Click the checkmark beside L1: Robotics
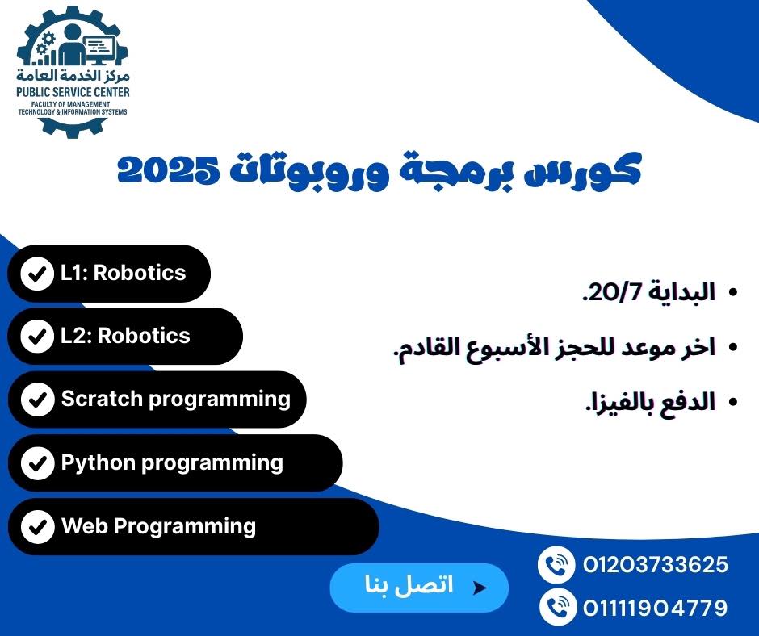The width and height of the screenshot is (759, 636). pos(37,274)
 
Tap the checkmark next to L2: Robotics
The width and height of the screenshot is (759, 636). pos(37,337)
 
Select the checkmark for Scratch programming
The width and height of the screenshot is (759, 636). pos(37,400)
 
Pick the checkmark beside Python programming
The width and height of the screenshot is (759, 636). pos(37,463)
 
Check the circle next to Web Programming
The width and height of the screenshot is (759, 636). pos(37,526)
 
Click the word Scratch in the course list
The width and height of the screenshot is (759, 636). pos(102,399)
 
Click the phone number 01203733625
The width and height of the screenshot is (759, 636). pos(656,565)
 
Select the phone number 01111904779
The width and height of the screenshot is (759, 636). pos(656,608)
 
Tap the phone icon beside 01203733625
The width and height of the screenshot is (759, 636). pos(556,565)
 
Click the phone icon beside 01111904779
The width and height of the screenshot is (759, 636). pos(557,607)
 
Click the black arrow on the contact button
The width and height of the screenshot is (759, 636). pos(479,588)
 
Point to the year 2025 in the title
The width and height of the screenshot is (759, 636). pos(168,169)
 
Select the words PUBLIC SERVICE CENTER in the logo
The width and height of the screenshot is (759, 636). pos(73,92)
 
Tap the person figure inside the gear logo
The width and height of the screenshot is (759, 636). pos(73,45)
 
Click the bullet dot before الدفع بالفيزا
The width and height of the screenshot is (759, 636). pos(733,401)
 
